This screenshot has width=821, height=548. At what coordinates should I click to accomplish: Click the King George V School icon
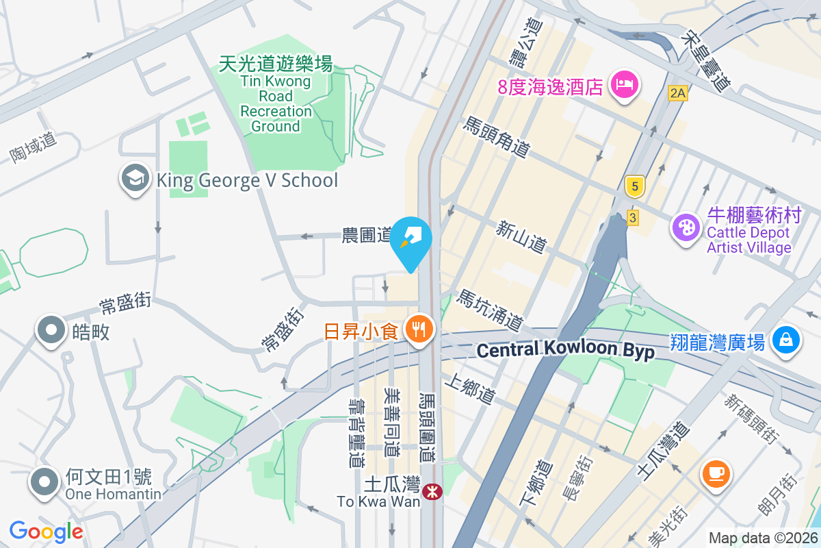pos(135,179)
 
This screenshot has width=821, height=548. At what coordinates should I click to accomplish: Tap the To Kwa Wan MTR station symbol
pos(432,491)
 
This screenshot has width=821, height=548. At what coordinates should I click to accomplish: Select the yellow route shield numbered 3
pos(633,217)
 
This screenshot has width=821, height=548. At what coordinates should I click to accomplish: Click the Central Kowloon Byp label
pos(565,351)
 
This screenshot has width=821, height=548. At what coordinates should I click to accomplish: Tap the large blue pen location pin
pos(411,240)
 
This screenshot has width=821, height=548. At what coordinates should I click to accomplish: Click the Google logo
pos(46,531)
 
